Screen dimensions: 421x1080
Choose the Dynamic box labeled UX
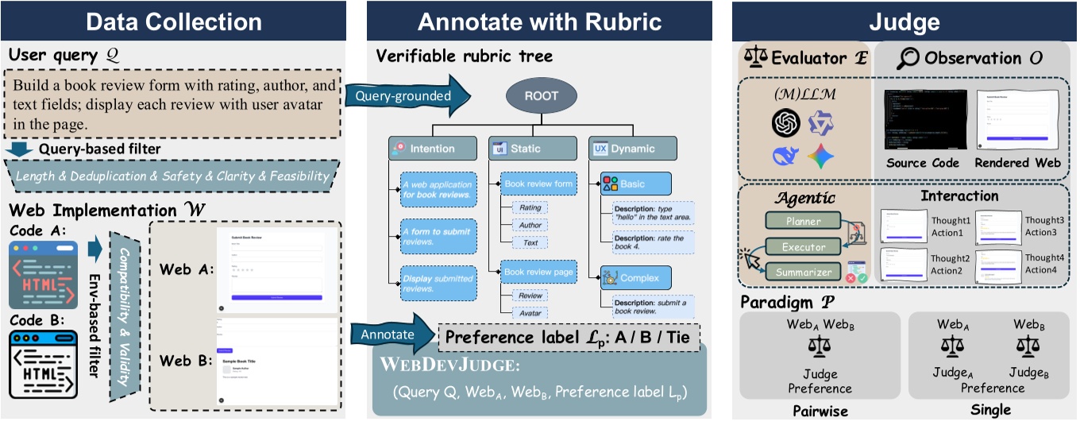click(x=632, y=148)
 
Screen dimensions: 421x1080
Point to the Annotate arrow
click(x=390, y=334)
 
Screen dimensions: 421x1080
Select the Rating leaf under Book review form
click(x=530, y=207)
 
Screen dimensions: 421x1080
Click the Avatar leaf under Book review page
click(x=530, y=313)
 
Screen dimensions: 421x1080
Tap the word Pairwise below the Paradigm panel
click(x=820, y=411)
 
